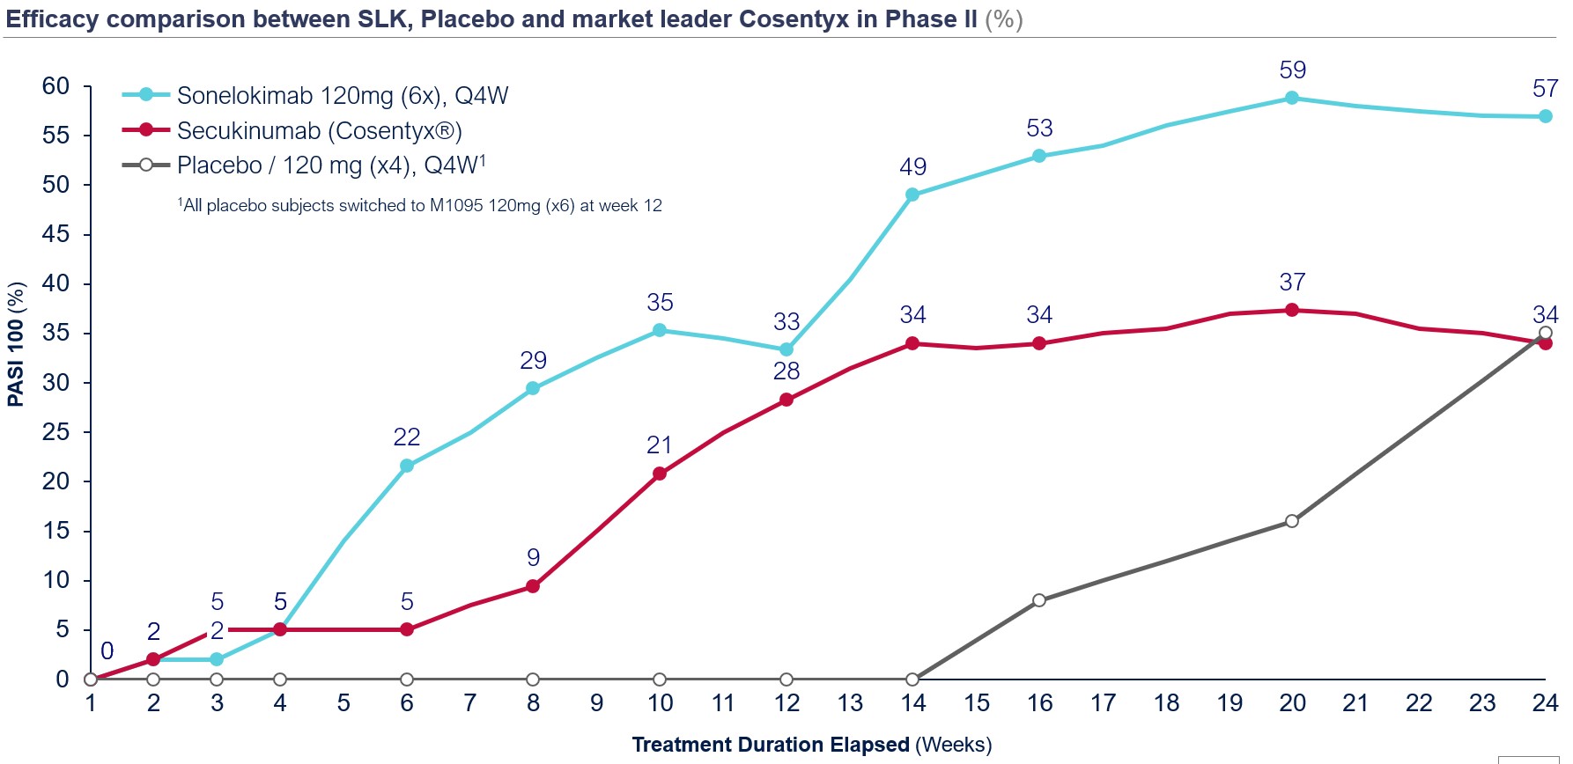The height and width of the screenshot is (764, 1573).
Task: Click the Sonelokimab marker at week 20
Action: pos(1291,98)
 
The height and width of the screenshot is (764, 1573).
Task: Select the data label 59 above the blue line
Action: pos(1292,70)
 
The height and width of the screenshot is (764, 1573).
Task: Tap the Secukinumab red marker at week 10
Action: pos(660,474)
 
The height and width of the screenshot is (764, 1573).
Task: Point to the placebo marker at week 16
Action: pos(1039,600)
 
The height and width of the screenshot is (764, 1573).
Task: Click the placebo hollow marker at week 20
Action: pos(1291,521)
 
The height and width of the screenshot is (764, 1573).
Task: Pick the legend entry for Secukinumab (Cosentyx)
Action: pos(319,131)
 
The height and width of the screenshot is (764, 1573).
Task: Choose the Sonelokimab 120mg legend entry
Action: pos(342,96)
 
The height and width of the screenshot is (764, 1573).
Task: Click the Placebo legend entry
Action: pos(330,165)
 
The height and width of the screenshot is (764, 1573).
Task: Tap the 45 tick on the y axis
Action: pos(55,234)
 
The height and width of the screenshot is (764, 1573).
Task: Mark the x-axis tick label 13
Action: pos(850,703)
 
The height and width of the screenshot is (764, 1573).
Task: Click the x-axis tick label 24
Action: pos(1545,703)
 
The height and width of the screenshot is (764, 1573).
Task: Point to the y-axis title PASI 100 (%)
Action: pos(16,343)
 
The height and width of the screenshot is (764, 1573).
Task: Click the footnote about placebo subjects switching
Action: pos(420,206)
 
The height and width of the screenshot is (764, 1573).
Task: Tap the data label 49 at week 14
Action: pos(912,167)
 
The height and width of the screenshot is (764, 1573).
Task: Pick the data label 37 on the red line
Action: pos(1292,283)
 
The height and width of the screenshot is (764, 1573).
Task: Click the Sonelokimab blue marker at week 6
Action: pos(407,466)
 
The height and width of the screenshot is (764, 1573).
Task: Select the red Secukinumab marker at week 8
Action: pos(533,586)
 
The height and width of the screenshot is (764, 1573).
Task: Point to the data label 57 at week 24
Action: pos(1545,89)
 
